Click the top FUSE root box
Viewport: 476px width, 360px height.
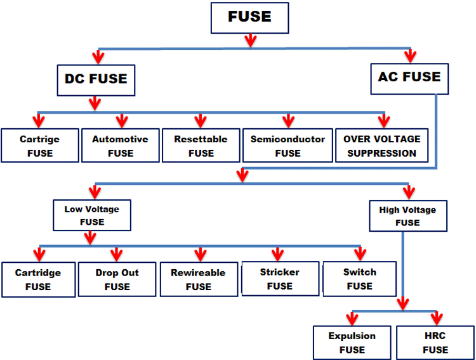click(249, 17)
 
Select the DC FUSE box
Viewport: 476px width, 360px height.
click(96, 79)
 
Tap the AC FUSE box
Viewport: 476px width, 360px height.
click(409, 77)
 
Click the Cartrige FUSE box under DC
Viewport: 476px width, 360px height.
click(39, 145)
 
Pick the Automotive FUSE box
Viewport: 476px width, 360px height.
click(120, 145)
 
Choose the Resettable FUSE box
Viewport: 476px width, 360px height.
click(201, 145)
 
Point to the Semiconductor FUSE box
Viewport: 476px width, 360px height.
click(288, 145)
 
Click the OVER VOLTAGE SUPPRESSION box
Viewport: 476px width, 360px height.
click(382, 145)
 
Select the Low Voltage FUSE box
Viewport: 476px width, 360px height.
click(92, 215)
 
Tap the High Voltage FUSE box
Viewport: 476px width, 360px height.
click(407, 216)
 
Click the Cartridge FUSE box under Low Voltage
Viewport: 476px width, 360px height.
click(38, 279)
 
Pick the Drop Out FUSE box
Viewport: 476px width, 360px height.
click(117, 279)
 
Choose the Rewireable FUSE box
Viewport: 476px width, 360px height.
click(198, 279)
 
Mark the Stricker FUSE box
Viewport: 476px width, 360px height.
click(279, 279)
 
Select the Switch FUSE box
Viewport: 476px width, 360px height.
click(360, 279)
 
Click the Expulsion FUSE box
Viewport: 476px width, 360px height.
click(352, 342)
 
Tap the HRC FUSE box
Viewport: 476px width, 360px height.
click(435, 342)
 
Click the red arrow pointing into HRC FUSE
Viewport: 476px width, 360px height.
click(436, 317)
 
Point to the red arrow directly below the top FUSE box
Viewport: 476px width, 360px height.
click(250, 40)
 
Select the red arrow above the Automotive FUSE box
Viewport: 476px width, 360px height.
click(121, 120)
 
